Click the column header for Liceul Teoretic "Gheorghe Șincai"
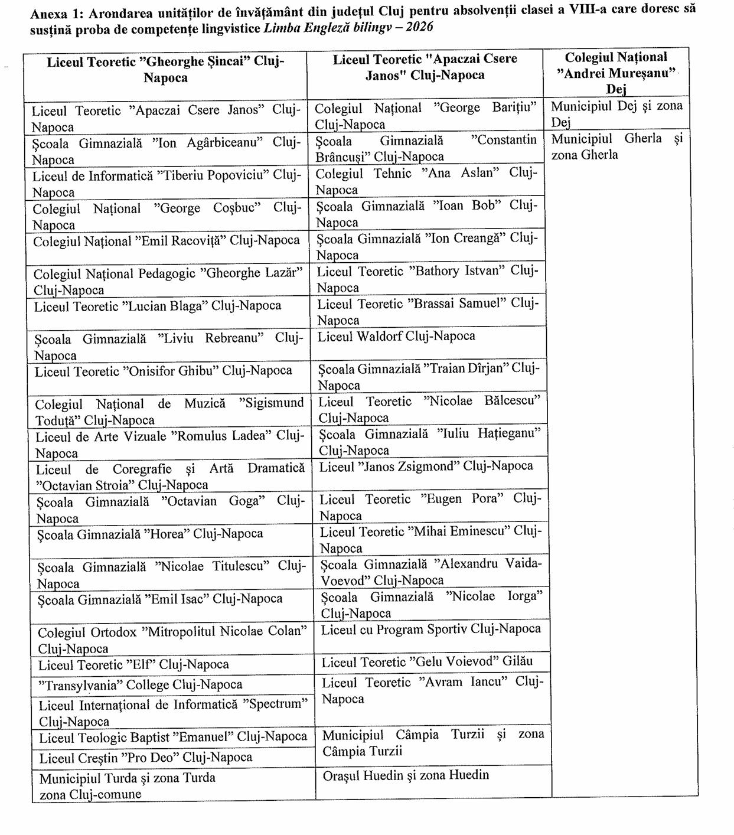click(165, 70)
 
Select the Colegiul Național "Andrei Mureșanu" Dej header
click(616, 73)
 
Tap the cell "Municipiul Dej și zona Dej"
click(616, 114)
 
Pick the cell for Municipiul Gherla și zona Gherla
click(616, 146)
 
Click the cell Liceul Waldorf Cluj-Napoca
click(396, 337)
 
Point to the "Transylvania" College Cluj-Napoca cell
click(141, 685)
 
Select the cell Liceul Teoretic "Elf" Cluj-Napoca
click(134, 665)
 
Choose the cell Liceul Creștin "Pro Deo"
click(146, 758)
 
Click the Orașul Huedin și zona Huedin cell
click(406, 775)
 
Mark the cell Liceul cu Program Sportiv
click(431, 629)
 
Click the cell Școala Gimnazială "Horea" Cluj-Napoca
click(150, 534)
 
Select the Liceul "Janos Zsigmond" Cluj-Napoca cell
click(426, 467)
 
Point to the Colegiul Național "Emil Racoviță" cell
click(167, 242)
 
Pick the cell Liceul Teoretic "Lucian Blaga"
click(158, 306)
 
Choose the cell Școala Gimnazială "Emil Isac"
click(160, 599)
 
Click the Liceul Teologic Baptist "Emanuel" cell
click(173, 738)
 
